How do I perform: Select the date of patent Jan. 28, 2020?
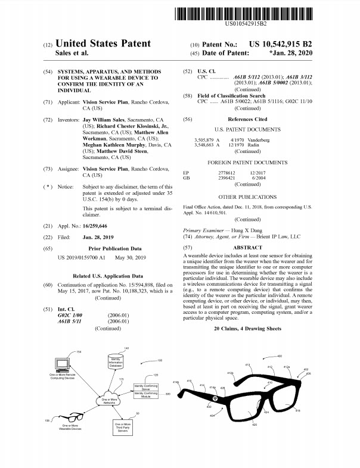[290, 54]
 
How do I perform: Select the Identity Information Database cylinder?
[118, 363]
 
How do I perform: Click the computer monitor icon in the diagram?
[61, 364]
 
